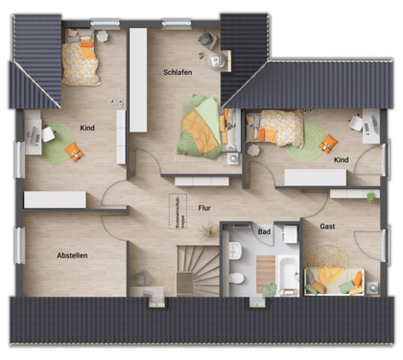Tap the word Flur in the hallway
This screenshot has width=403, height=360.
tap(203, 206)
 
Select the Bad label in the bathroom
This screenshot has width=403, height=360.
tap(264, 231)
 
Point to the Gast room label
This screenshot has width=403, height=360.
tap(327, 227)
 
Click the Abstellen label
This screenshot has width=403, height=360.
tap(72, 255)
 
